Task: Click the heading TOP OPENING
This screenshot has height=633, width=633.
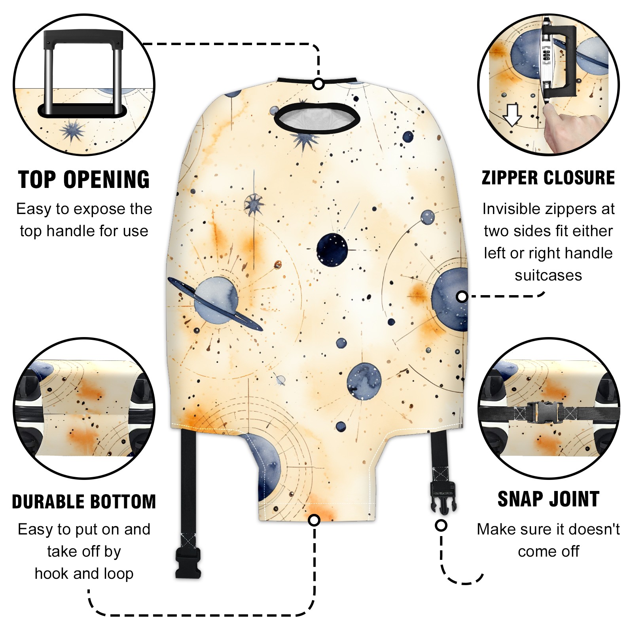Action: coord(84,180)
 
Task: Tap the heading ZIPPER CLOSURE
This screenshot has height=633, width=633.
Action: coord(548,178)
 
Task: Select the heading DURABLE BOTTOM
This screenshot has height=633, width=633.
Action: coord(84,502)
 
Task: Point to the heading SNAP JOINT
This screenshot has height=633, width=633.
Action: coord(548,499)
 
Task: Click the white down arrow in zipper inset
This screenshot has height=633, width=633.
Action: coord(512,114)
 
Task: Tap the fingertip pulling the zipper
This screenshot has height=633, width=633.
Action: coord(549,110)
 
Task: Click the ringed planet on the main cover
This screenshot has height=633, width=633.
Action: coord(215,301)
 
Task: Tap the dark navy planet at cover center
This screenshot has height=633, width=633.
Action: coord(332,249)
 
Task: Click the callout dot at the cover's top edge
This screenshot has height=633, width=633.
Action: coord(318,84)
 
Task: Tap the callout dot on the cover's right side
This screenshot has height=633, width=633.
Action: coord(462,296)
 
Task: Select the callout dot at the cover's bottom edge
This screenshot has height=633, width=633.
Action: coord(314,520)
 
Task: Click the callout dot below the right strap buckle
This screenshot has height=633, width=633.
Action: coord(441,525)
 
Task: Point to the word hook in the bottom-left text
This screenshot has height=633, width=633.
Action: coord(52,573)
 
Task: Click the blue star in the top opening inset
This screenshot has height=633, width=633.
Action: coord(72,131)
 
